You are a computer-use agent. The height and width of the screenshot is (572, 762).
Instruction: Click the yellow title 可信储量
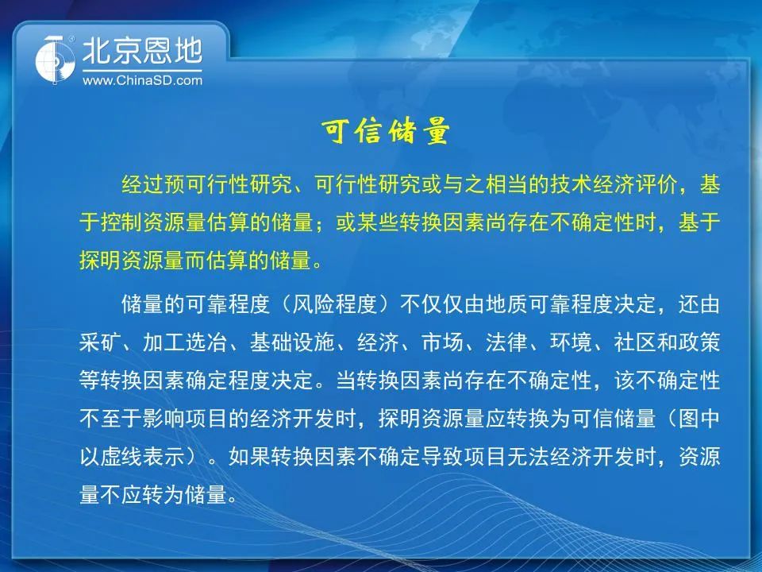click(x=386, y=131)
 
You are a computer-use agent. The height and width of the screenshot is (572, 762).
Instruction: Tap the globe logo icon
click(x=55, y=60)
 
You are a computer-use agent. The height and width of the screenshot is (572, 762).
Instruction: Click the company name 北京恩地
click(x=142, y=51)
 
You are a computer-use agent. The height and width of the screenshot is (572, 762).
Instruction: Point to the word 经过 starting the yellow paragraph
click(x=142, y=185)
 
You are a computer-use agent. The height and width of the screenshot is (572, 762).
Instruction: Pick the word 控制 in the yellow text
click(x=121, y=222)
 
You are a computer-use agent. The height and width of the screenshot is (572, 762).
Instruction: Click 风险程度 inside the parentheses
click(x=335, y=304)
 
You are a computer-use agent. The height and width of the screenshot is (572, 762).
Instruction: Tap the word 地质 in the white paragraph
click(x=507, y=304)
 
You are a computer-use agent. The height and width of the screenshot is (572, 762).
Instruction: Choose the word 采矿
click(x=100, y=342)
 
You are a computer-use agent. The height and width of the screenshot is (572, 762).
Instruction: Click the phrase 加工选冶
click(x=185, y=342)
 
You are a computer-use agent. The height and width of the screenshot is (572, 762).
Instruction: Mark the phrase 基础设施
click(x=292, y=342)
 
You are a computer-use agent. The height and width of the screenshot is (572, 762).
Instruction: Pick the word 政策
click(x=698, y=342)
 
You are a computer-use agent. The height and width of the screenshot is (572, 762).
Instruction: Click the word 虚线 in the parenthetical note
click(x=121, y=456)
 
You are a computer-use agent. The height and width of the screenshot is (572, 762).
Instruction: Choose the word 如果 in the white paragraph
click(x=250, y=456)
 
